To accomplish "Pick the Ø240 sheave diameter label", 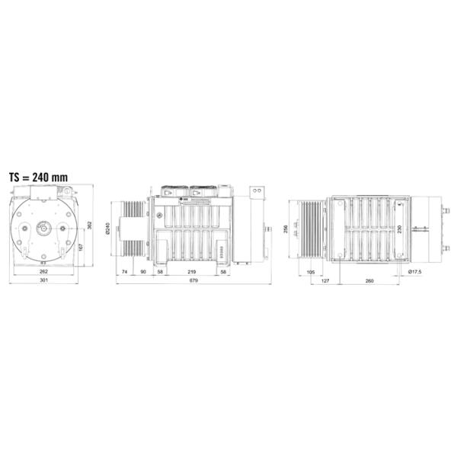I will coord(107,229).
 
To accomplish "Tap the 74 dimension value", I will coord(123,272).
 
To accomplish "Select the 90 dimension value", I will coord(142,272).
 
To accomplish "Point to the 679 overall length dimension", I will coord(194,281).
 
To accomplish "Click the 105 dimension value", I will coord(310,272).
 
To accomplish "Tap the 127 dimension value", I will coord(324,281).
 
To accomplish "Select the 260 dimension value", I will coord(369,281).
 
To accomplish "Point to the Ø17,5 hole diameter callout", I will coord(415,272).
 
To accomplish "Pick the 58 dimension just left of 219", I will coord(160,272).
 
